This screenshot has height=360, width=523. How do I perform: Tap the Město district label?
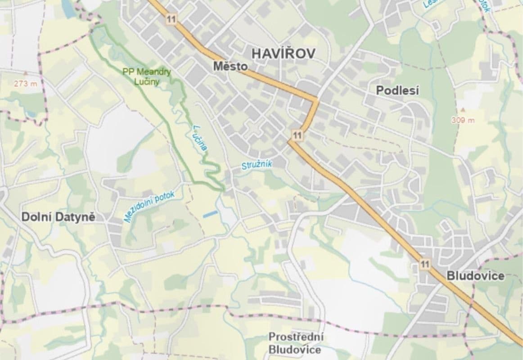230,67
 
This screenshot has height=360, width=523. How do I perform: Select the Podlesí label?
397,90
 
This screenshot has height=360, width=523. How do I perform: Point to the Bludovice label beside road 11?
475,276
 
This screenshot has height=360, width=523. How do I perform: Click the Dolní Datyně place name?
58,217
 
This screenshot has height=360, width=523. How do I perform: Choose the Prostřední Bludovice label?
296,343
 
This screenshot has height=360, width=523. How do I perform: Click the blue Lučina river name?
201,137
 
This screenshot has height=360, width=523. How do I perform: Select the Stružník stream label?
257,165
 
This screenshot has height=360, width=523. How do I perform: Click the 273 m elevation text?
25,83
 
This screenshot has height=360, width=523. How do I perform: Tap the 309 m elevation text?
463,120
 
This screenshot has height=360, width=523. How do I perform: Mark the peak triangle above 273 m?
25,72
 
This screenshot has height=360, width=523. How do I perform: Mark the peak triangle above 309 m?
462,109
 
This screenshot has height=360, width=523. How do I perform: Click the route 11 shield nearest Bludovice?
424,264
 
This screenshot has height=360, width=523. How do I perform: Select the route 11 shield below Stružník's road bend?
297,135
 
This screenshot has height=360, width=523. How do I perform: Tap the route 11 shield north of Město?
170,19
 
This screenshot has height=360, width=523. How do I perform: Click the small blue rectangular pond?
210,214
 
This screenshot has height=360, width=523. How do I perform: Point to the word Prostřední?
296,337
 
